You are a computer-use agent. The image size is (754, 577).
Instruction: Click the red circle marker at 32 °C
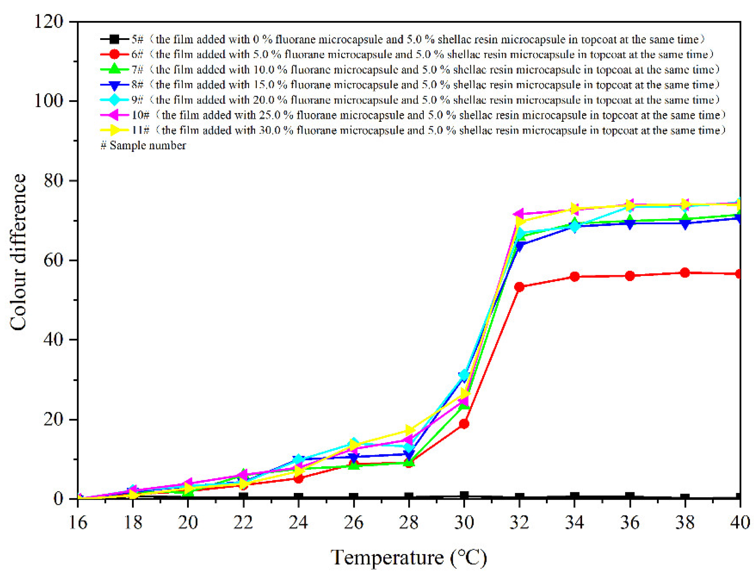(x=519, y=287)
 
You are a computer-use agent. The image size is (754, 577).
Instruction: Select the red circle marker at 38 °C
(x=685, y=273)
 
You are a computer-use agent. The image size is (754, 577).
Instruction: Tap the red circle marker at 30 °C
(x=464, y=424)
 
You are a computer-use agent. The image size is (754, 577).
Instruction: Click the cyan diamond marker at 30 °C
(x=464, y=375)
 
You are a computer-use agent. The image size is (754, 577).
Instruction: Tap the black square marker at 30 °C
(x=464, y=495)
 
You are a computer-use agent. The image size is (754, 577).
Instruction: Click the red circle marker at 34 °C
(x=575, y=277)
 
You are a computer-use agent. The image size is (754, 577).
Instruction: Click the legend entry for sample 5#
(x=403, y=39)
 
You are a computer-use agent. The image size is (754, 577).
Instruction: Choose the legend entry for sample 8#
(x=410, y=85)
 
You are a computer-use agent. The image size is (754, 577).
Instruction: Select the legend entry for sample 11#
(x=413, y=130)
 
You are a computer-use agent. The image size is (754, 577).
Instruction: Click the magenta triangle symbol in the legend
(x=114, y=115)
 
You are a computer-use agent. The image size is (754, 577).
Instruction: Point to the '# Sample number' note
(x=143, y=145)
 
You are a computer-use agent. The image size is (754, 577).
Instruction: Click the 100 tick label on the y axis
(x=48, y=101)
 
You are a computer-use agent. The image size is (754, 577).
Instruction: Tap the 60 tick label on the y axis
(x=53, y=260)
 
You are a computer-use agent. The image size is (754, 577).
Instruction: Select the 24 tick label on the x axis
(x=298, y=523)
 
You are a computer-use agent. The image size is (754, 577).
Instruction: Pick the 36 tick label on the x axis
(x=630, y=523)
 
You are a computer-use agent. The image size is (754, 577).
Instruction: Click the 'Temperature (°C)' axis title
(x=409, y=558)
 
